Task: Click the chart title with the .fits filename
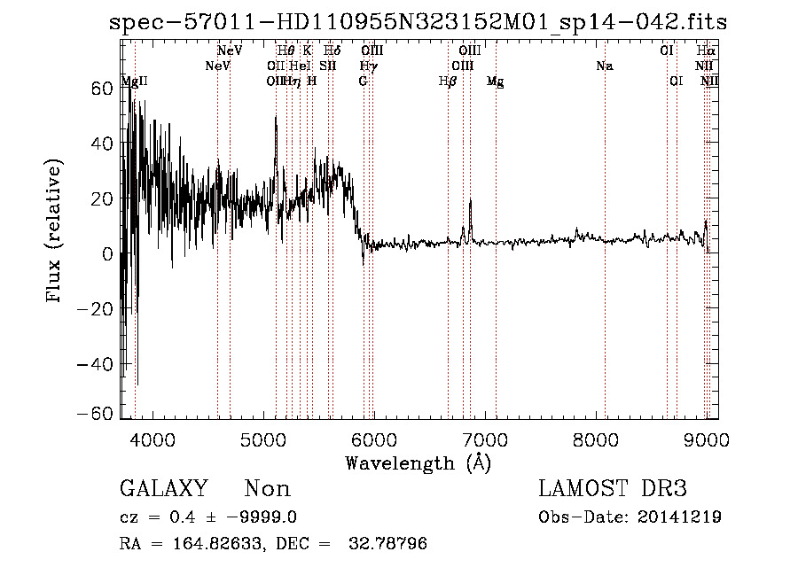pos(418,22)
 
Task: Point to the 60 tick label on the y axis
pos(102,88)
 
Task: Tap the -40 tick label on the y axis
pos(95,364)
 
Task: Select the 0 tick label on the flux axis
pos(106,253)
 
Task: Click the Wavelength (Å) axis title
pos(418,462)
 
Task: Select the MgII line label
pos(134,82)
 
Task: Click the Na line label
pos(605,66)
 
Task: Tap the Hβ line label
pos(448,82)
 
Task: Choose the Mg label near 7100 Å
pos(496,82)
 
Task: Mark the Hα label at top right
pos(706,51)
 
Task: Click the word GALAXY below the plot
pos(163,489)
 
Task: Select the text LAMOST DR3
pos(613,489)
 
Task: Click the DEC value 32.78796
pos(390,544)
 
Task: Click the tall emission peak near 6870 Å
pos(470,202)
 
